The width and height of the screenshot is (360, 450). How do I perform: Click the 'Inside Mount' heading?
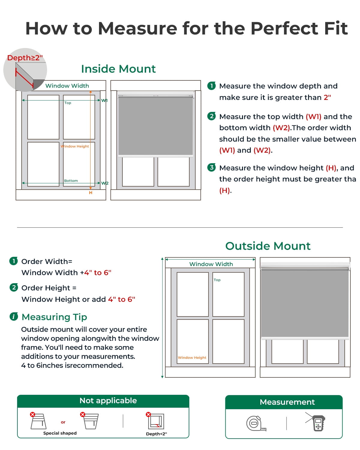pyautogui.click(x=118, y=69)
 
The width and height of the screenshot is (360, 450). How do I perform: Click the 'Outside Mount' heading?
pyautogui.click(x=268, y=246)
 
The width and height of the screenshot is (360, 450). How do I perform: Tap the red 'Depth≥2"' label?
pyautogui.click(x=25, y=58)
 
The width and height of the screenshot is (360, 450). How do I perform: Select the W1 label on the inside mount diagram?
pyautogui.click(x=104, y=100)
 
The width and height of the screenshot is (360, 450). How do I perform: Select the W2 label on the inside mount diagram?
pyautogui.click(x=105, y=183)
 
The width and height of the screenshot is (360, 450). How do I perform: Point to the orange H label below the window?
pyautogui.click(x=91, y=193)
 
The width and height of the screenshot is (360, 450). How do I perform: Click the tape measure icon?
pyautogui.click(x=256, y=423)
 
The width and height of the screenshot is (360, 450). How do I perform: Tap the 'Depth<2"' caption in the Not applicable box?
pyautogui.click(x=157, y=434)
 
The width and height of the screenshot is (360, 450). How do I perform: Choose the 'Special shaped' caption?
pyautogui.click(x=60, y=433)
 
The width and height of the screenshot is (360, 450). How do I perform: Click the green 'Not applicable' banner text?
pyautogui.click(x=108, y=400)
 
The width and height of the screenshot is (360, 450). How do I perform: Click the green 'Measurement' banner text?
pyautogui.click(x=287, y=402)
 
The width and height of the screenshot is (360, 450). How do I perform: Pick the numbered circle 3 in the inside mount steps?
pyautogui.click(x=211, y=167)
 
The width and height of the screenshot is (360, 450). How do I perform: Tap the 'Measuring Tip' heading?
pyautogui.click(x=54, y=317)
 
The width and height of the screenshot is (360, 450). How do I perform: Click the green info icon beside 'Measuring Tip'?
pyautogui.click(x=14, y=316)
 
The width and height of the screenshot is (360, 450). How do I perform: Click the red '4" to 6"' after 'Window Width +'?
pyautogui.click(x=98, y=272)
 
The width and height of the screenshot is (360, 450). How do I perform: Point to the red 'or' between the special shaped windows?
pyautogui.click(x=63, y=422)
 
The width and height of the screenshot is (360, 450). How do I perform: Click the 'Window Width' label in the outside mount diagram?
pyautogui.click(x=211, y=264)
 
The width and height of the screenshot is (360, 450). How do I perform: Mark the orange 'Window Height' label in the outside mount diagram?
pyautogui.click(x=192, y=358)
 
